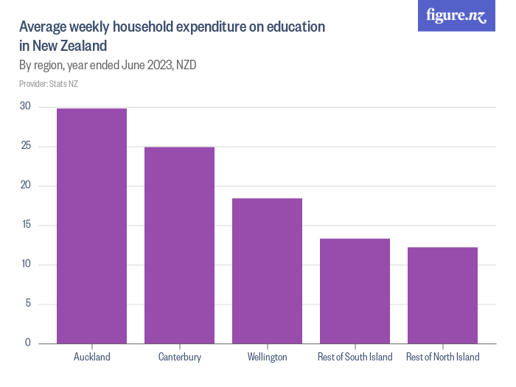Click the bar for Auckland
[x=91, y=226]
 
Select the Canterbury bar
[x=179, y=245]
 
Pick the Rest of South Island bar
[x=355, y=290]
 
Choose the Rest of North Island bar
[x=442, y=295]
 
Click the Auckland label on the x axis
[x=91, y=358]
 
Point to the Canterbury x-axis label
[x=179, y=358]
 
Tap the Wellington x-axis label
[x=267, y=358]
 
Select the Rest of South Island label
[x=355, y=358]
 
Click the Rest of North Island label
[x=442, y=358]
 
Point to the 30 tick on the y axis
[x=25, y=106]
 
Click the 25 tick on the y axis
[x=25, y=146]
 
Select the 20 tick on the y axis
[x=25, y=186]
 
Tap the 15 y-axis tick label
[x=25, y=225]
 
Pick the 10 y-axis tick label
[x=25, y=265]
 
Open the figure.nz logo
[x=456, y=15]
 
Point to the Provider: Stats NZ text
[x=49, y=84]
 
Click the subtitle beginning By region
[x=107, y=65]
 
